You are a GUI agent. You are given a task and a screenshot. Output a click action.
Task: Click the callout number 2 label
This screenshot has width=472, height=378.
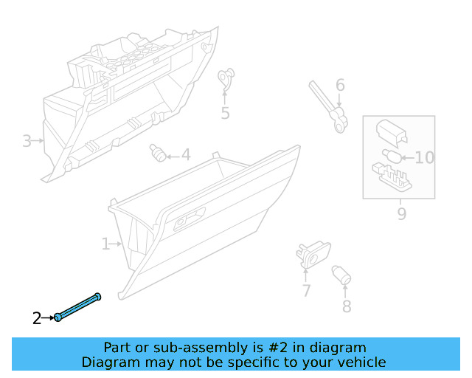click(37, 319)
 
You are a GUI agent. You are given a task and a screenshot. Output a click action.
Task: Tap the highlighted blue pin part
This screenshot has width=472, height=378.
click(77, 307)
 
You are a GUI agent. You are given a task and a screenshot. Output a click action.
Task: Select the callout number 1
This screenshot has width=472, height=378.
click(105, 243)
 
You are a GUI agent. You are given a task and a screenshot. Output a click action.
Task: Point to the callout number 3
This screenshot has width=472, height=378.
click(27, 140)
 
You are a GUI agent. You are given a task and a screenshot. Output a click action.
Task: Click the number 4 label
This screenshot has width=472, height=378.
click(186, 155)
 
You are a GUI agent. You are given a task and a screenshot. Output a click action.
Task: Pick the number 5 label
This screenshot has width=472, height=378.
click(225, 113)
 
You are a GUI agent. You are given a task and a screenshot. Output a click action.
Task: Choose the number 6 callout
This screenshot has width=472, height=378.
click(340, 85)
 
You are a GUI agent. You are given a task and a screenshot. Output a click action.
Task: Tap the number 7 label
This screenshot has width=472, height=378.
click(306, 291)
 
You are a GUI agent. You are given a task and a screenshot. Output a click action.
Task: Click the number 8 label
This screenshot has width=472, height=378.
click(346, 306)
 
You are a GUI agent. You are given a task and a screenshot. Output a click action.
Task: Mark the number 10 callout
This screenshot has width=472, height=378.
click(425, 157)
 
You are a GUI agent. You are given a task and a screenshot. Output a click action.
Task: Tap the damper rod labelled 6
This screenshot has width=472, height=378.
click(327, 109)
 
